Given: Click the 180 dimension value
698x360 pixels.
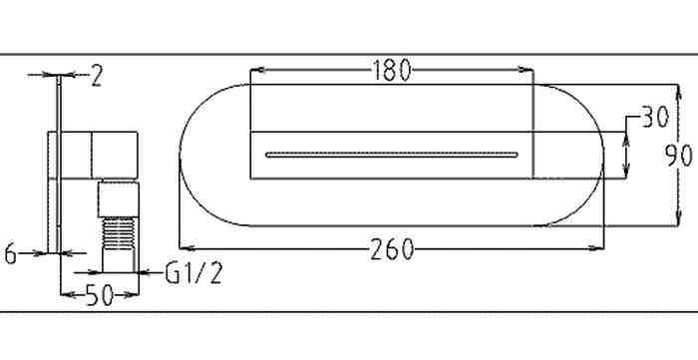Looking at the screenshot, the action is pos(391,71).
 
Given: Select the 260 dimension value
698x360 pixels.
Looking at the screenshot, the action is pos(392,249).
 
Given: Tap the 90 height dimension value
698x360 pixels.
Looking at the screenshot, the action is pos(679,157).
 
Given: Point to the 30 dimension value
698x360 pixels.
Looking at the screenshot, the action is pos(655,118).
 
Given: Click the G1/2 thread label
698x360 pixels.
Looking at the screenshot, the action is pos(193,273).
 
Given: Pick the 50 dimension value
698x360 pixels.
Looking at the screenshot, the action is pos(100,295).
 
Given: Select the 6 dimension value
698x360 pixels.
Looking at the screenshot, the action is pos(10,255).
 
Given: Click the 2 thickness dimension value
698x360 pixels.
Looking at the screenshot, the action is pos(97,75).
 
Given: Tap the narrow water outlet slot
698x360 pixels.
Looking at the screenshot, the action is pos(392,155).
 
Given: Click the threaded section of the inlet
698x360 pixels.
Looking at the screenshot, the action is pos(119,232).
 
